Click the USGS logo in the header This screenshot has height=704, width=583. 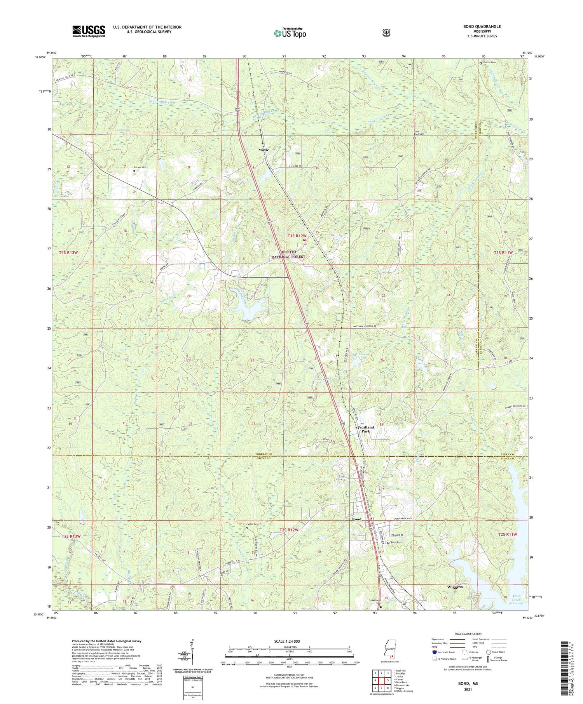[89, 31]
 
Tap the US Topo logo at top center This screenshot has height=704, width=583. [290, 33]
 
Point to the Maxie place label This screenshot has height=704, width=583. [264, 149]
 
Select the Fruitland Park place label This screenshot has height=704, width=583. [365, 429]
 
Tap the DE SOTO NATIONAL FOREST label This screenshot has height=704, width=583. [288, 254]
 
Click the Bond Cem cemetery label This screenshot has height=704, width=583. [396, 542]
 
